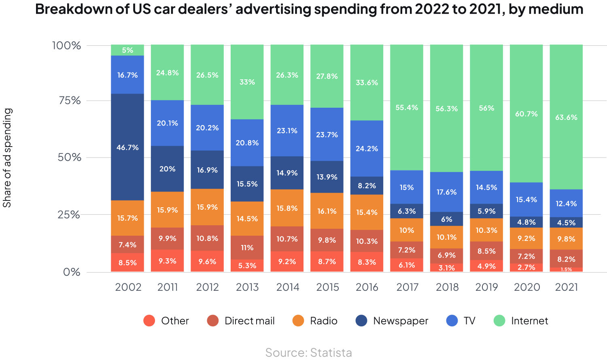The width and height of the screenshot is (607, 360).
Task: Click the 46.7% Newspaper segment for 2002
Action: click(127, 147)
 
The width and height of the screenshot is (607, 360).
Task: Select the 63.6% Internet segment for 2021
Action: click(566, 117)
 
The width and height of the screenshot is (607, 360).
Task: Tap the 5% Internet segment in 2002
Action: click(127, 50)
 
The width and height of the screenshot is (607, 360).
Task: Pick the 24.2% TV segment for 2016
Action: click(367, 148)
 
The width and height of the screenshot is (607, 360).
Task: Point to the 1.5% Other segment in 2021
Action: click(566, 269)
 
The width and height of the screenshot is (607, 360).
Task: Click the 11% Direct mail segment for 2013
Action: click(247, 247)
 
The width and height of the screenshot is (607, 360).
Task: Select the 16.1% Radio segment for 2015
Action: click(327, 211)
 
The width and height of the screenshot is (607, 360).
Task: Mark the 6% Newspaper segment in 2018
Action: click(446, 219)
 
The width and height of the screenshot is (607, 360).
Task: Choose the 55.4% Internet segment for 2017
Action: click(407, 107)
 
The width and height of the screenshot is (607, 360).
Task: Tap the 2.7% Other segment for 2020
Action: click(526, 268)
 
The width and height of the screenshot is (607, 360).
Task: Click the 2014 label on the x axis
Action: click(287, 287)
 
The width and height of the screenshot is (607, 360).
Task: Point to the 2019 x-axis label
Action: click(486, 287)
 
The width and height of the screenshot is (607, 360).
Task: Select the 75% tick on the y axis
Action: click(70, 100)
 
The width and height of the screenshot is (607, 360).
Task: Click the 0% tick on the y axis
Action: click(72, 272)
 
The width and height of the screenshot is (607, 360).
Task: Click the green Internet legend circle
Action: click(499, 321)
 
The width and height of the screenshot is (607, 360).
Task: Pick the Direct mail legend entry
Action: click(249, 321)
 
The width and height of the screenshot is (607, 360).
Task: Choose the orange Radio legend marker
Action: click(298, 321)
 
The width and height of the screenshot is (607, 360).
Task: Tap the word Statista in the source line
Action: click(331, 353)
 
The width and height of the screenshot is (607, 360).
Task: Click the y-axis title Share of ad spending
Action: click(7, 158)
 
